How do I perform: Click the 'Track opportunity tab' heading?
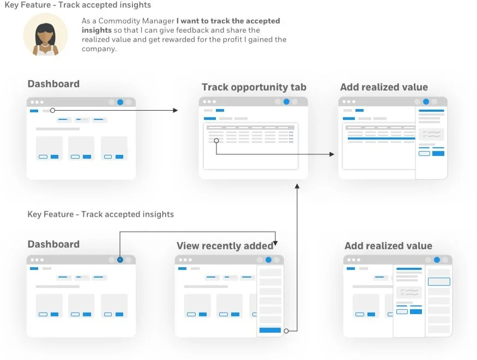coord(253,87)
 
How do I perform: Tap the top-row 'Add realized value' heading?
coord(384,87)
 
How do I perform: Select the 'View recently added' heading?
coord(225,246)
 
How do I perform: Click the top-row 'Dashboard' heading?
coord(53,84)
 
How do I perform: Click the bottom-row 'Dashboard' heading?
coord(53,244)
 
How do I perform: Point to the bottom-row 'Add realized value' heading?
coord(388,246)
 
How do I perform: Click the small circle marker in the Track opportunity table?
coord(216,140)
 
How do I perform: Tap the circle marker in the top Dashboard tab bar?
coord(52,110)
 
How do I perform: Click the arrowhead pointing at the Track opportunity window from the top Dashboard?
coord(175,110)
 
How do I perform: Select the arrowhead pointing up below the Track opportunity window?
coord(297,186)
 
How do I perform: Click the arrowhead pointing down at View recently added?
coord(276,242)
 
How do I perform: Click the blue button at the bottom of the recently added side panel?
coord(270,330)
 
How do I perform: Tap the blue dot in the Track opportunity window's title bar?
coord(286,101)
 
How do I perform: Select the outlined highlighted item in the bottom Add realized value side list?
coord(439,282)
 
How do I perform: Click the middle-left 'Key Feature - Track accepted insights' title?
coord(101,214)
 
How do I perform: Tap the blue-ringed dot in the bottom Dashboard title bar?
coord(120,260)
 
